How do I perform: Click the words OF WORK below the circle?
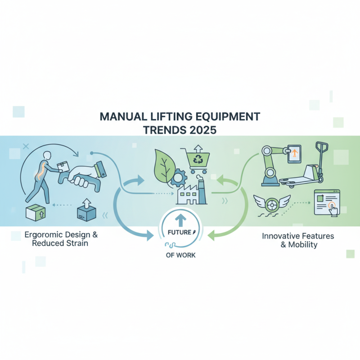point(180,255)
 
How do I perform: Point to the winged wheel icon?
point(272,204)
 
